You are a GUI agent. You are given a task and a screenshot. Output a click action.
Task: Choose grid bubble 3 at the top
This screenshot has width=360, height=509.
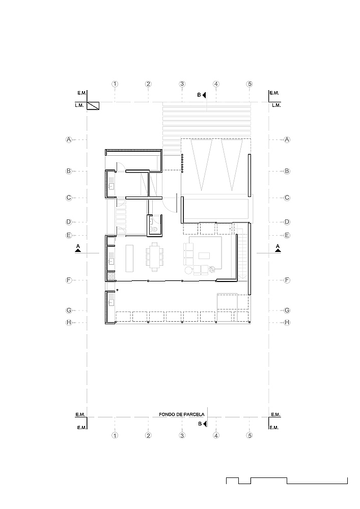point(182,84)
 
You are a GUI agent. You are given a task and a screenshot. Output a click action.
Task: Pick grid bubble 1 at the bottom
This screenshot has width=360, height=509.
point(115,436)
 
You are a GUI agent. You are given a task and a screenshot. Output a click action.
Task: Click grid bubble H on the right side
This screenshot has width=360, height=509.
point(287,322)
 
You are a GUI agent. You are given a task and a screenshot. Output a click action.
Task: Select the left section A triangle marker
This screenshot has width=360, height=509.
point(78,248)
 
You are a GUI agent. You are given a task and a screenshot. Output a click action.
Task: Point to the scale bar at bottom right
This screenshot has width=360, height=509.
point(287,480)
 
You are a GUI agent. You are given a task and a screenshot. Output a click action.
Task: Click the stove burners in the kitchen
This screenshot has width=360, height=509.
point(110,276)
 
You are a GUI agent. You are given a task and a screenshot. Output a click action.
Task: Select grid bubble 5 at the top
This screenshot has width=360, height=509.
point(250,84)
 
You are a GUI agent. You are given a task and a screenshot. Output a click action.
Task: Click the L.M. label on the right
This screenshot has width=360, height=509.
point(276,105)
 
